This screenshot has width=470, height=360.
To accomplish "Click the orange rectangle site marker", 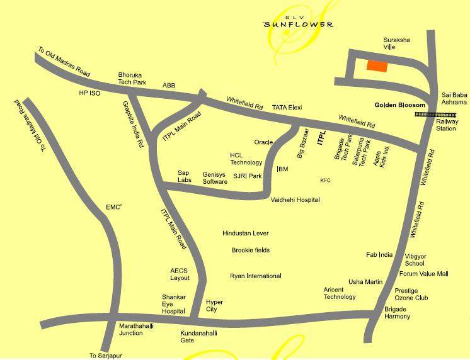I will point(377,65).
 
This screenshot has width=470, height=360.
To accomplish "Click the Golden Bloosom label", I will point(401,104).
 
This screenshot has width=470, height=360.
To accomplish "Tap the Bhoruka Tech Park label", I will point(132,78).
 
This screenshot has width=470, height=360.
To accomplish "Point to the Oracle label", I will point(263,142).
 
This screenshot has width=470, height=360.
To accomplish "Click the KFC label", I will point(325,181).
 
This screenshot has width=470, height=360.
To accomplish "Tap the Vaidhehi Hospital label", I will point(295,200).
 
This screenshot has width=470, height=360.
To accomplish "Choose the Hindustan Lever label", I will point(246,233).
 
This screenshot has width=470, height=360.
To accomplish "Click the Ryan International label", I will point(255,276).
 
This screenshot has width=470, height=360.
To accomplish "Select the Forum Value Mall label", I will point(423,274).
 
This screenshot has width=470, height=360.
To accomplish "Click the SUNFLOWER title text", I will point(299,25).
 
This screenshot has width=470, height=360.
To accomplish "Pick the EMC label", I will point(113,206).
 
